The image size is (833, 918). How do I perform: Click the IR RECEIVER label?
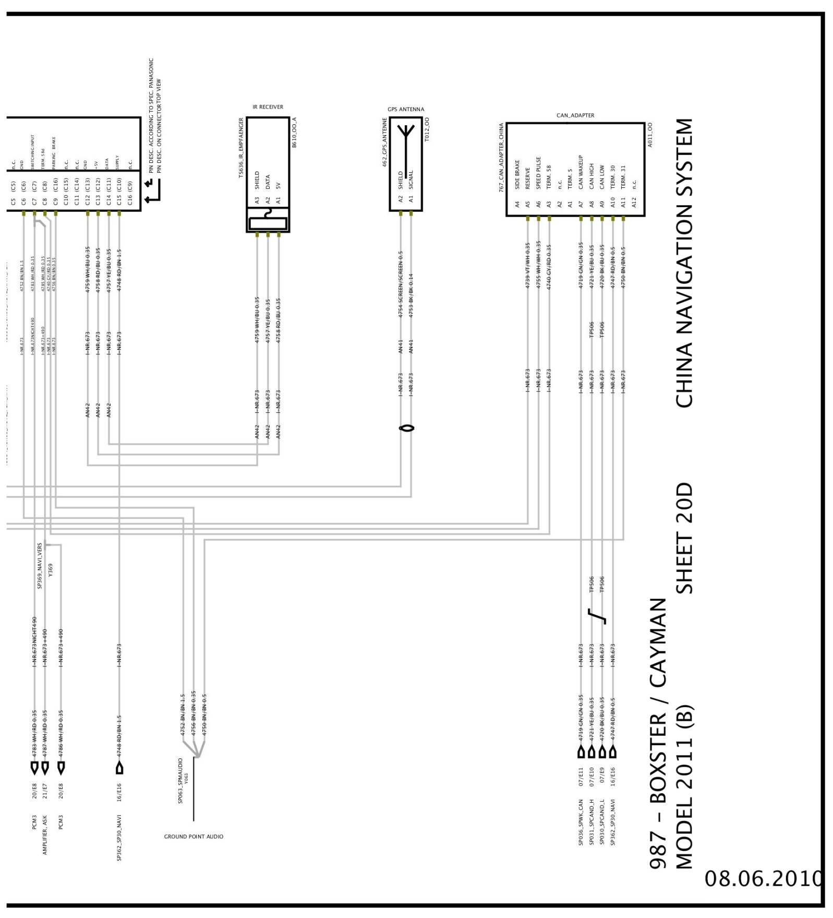click(x=268, y=107)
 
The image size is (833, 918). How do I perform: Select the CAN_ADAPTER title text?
click(x=575, y=115)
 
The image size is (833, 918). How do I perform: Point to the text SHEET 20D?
click(x=684, y=538)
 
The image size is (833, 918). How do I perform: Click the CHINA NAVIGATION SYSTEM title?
click(x=684, y=263)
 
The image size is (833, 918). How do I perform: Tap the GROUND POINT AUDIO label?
click(x=194, y=837)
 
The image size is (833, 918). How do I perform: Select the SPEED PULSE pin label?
click(x=538, y=173)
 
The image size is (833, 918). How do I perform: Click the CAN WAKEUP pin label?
click(x=581, y=172)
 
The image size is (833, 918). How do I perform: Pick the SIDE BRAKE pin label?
click(x=517, y=174)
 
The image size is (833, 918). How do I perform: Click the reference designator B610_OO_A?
click(x=294, y=133)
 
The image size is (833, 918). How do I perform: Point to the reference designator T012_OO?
click(x=427, y=129)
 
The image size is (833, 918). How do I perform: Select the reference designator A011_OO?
click(x=650, y=135)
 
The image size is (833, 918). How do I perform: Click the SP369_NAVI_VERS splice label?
click(x=40, y=566)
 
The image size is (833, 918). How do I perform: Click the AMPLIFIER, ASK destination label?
click(x=45, y=834)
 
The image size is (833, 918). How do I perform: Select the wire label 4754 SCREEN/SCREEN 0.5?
click(x=401, y=284)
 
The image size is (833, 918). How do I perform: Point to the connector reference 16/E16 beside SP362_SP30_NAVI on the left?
click(x=119, y=792)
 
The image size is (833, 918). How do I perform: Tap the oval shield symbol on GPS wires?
click(x=406, y=428)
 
